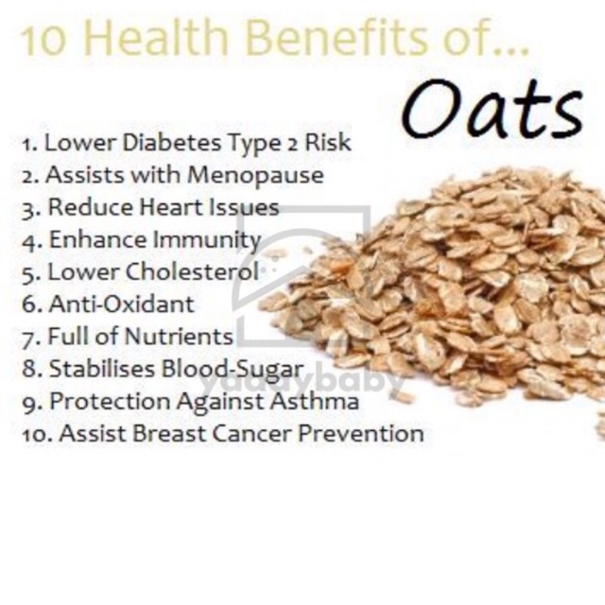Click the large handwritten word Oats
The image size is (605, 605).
point(492,109)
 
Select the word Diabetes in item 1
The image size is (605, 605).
point(172,142)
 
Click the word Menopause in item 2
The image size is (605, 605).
point(255,176)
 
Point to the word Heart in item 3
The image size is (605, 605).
point(171,207)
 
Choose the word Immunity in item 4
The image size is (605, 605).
point(207,240)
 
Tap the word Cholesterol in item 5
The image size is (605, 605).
point(193,271)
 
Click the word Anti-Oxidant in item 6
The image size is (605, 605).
point(122,304)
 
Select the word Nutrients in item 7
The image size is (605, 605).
point(179,337)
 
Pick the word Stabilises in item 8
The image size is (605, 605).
point(102,369)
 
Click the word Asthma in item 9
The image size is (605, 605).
point(315,401)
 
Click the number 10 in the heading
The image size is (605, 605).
point(43,41)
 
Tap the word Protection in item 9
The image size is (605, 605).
point(110,401)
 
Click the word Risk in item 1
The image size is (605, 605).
point(328,142)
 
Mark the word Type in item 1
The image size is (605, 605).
point(254,143)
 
